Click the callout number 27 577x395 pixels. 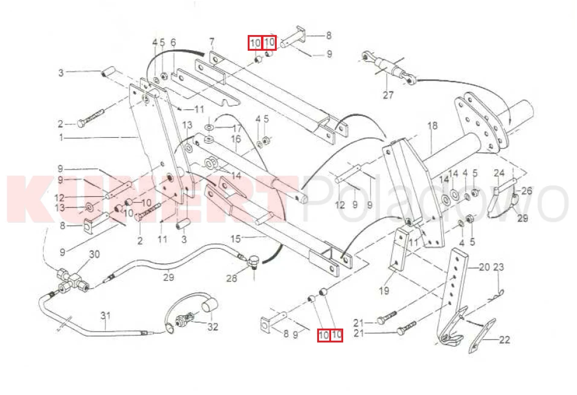tap(388, 94)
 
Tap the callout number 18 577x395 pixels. tap(432, 126)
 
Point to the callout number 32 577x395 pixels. tap(213, 327)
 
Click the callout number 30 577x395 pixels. tap(94, 254)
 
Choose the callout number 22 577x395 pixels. tap(504, 340)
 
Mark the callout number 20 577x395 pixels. tap(484, 266)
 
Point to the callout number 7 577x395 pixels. tap(211, 41)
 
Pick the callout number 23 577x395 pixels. tap(498, 266)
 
